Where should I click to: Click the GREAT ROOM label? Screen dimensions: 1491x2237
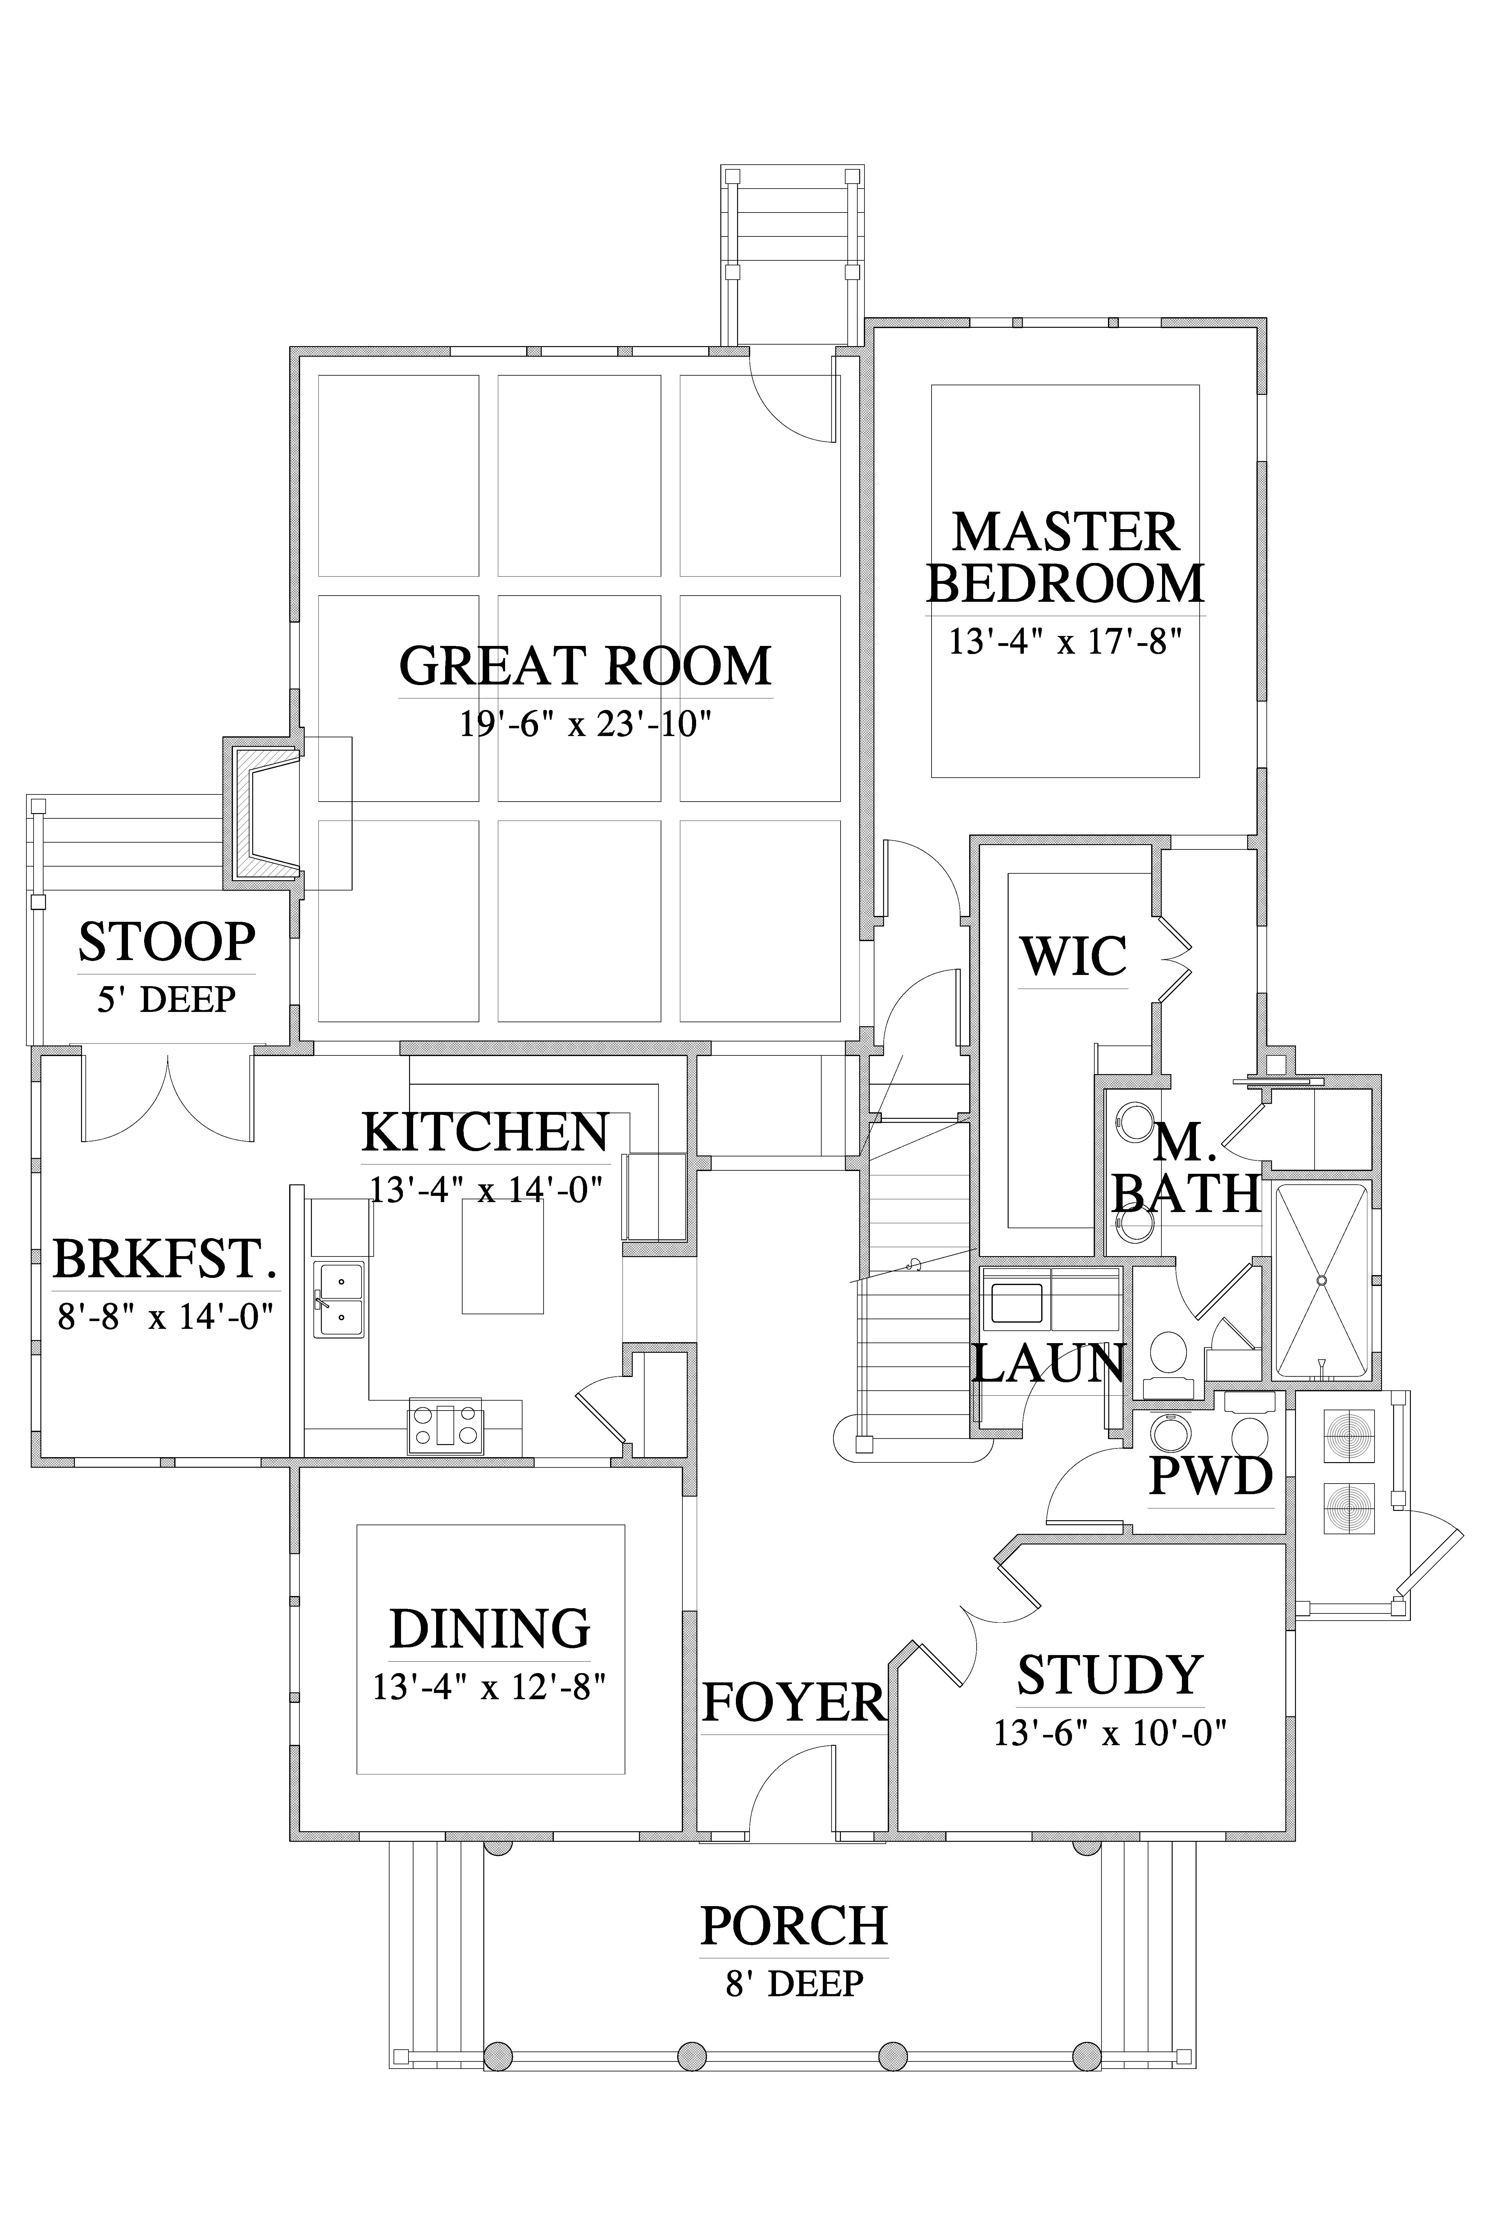pyautogui.click(x=585, y=666)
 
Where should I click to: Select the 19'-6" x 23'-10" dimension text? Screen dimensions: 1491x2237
pyautogui.click(x=586, y=726)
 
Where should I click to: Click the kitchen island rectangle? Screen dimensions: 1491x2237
pyautogui.click(x=503, y=1256)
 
